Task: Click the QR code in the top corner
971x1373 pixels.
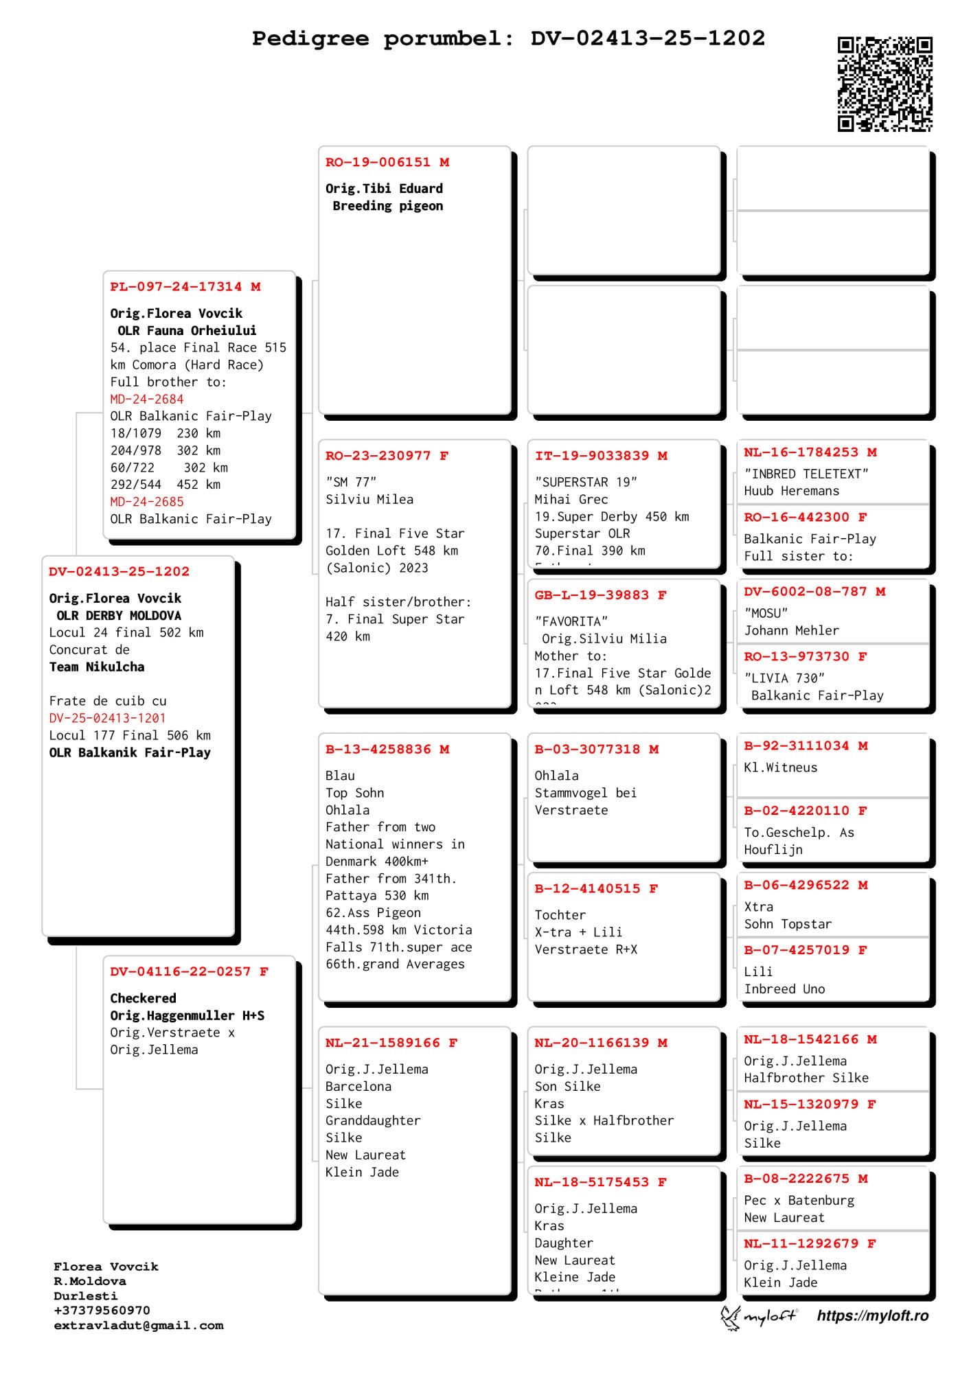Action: click(884, 84)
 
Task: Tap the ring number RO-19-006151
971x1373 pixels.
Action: click(379, 163)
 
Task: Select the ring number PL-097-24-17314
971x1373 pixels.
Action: click(176, 287)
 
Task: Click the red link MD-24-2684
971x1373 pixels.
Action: click(147, 399)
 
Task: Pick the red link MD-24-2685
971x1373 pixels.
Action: click(147, 502)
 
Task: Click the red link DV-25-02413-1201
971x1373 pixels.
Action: click(107, 718)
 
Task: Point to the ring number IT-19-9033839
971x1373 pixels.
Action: click(592, 456)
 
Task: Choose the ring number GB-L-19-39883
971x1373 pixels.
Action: click(592, 595)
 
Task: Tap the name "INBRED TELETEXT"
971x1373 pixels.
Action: click(806, 474)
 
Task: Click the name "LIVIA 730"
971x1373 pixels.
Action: click(784, 678)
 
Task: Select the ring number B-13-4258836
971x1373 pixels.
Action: click(378, 750)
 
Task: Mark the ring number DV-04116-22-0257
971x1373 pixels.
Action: click(181, 971)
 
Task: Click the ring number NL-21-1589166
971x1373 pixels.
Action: click(382, 1043)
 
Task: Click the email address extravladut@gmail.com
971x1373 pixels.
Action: click(139, 1326)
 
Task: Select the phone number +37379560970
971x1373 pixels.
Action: click(102, 1311)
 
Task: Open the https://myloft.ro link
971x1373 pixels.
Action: click(872, 1316)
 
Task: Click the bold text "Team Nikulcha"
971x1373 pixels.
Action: click(97, 667)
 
